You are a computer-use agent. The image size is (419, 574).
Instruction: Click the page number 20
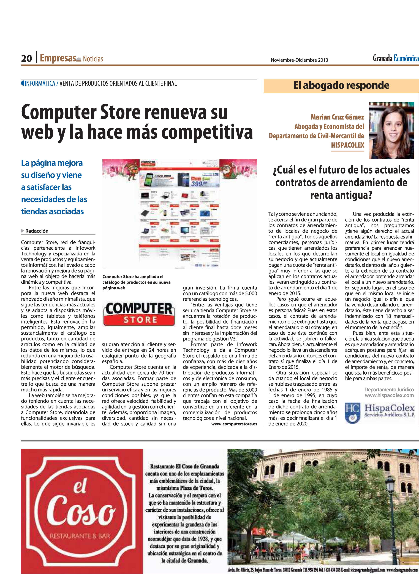click(26, 58)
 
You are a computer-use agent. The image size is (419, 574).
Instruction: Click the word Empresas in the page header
click(58, 58)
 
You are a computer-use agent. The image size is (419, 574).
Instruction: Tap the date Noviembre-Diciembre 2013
click(299, 60)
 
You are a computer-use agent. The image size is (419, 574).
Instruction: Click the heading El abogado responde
click(341, 86)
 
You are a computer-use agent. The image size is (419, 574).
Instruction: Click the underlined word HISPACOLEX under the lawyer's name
click(347, 145)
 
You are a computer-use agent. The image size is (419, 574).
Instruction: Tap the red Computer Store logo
click(139, 314)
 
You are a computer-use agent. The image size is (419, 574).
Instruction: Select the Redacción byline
click(37, 231)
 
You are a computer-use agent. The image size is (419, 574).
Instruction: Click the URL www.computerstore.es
click(234, 424)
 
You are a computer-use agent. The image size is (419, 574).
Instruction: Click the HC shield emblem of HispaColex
click(352, 413)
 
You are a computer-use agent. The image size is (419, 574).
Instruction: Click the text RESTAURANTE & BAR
click(80, 536)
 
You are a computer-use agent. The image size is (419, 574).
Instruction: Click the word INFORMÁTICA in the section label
click(40, 84)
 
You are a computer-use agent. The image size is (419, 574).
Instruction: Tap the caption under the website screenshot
click(137, 282)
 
